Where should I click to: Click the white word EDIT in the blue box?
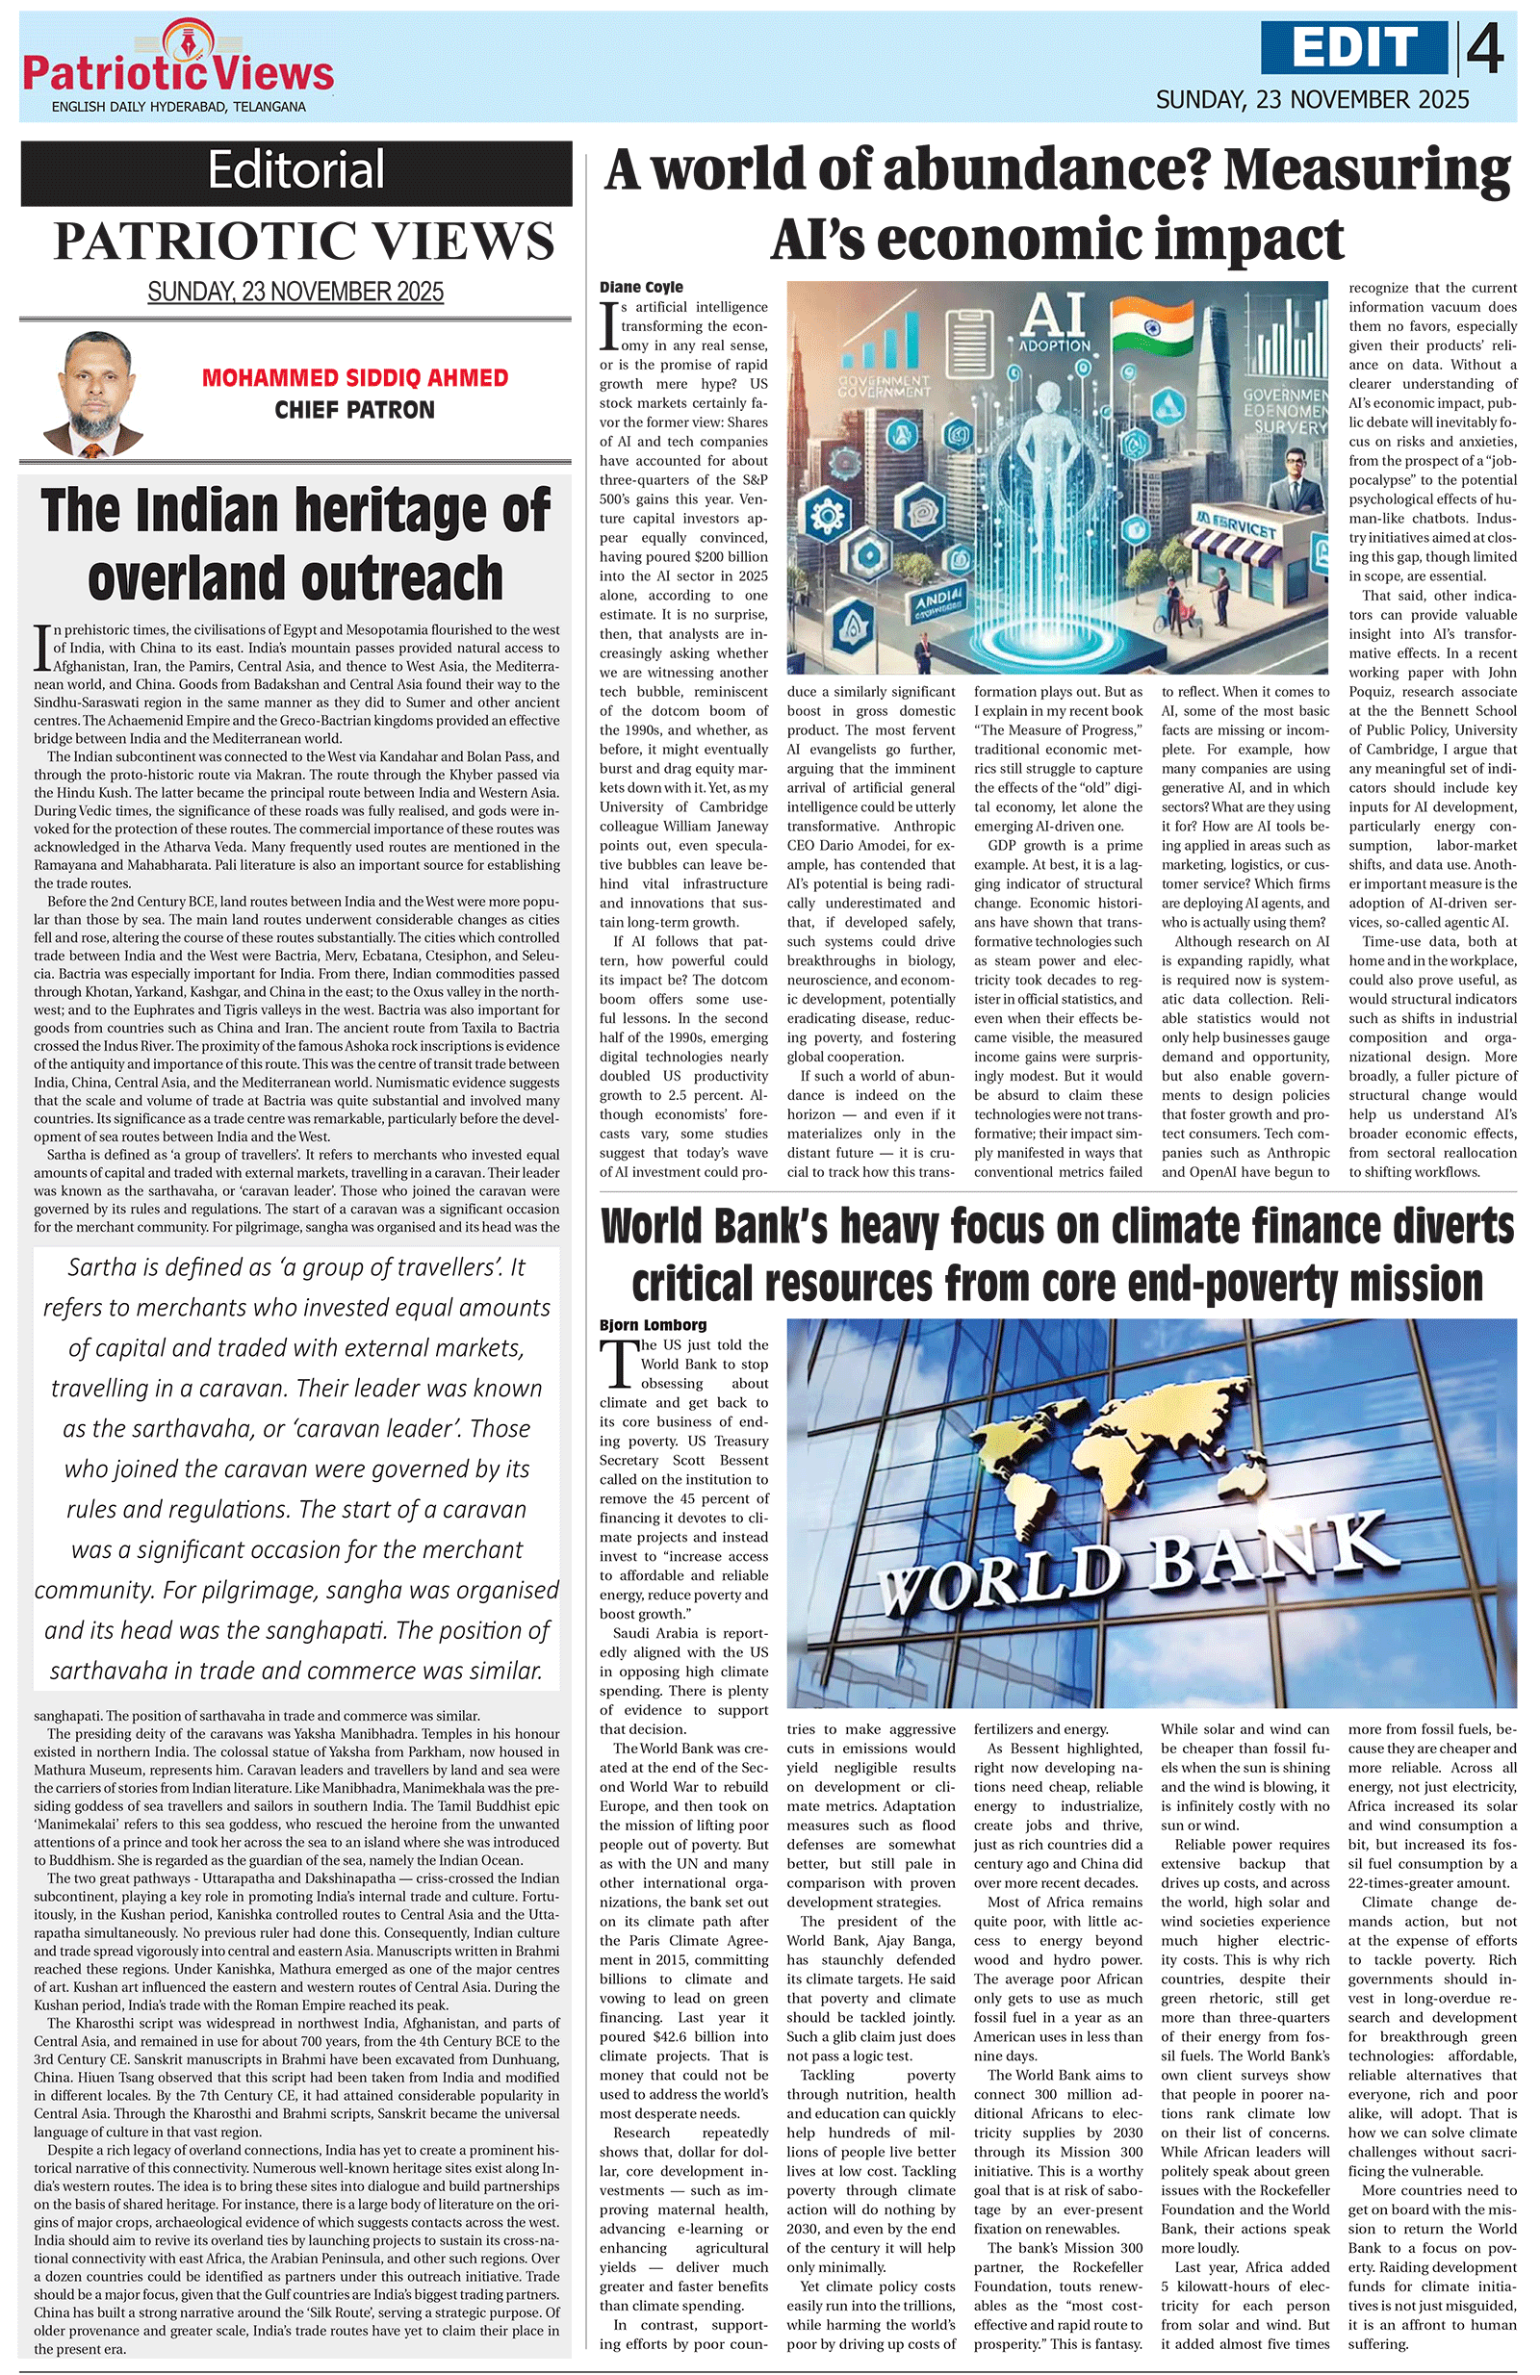1354,48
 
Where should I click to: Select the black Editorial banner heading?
295,170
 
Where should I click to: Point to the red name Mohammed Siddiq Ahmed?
354,378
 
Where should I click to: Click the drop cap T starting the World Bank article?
618,1362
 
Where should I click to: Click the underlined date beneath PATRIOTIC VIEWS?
295,293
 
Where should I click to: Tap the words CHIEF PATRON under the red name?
354,410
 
